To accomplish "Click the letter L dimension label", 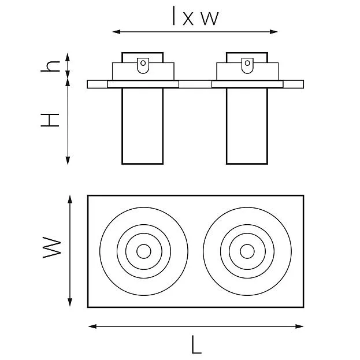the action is (x=196, y=344).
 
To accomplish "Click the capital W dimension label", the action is (x=52, y=248).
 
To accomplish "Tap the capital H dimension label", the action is (x=50, y=120).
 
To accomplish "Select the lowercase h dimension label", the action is (x=50, y=66).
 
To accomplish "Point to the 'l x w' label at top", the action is (x=195, y=16).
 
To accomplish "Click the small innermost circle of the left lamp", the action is (x=144, y=251).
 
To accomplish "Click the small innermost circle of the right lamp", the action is (x=247, y=251).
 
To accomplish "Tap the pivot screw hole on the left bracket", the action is (x=143, y=63).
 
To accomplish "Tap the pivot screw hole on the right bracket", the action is (x=247, y=63).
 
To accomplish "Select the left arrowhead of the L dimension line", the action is (x=92, y=326).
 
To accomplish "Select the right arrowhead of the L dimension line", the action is (x=299, y=326).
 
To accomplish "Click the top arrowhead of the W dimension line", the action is (x=70, y=199).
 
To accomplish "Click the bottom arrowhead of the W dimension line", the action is (x=70, y=302).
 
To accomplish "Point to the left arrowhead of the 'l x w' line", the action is (x=116, y=32).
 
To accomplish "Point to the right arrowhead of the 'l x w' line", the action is (x=274, y=32).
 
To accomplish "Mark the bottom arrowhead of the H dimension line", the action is (x=68, y=161).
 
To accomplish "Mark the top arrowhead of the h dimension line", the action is (x=68, y=57).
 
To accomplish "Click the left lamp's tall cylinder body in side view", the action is (x=143, y=126).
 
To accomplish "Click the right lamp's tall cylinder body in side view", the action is (x=247, y=126).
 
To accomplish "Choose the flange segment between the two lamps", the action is (x=195, y=84).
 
